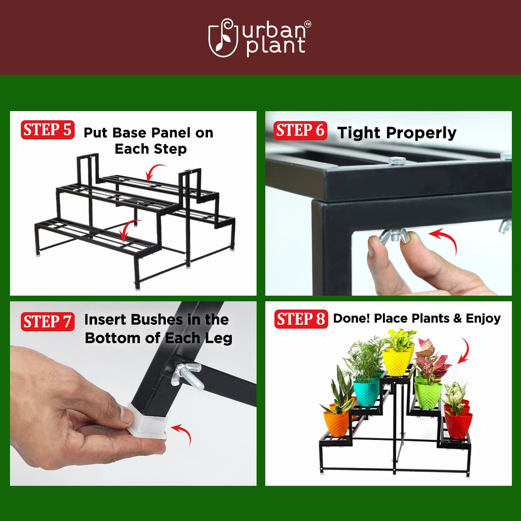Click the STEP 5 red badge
click(x=47, y=130)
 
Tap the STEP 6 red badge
click(x=300, y=130)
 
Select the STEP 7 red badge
click(x=47, y=321)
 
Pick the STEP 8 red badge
click(x=301, y=319)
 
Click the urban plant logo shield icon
click(x=223, y=39)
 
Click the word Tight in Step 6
click(x=359, y=133)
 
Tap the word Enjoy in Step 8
click(x=483, y=319)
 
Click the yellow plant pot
click(x=398, y=363)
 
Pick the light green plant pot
click(x=428, y=394)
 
